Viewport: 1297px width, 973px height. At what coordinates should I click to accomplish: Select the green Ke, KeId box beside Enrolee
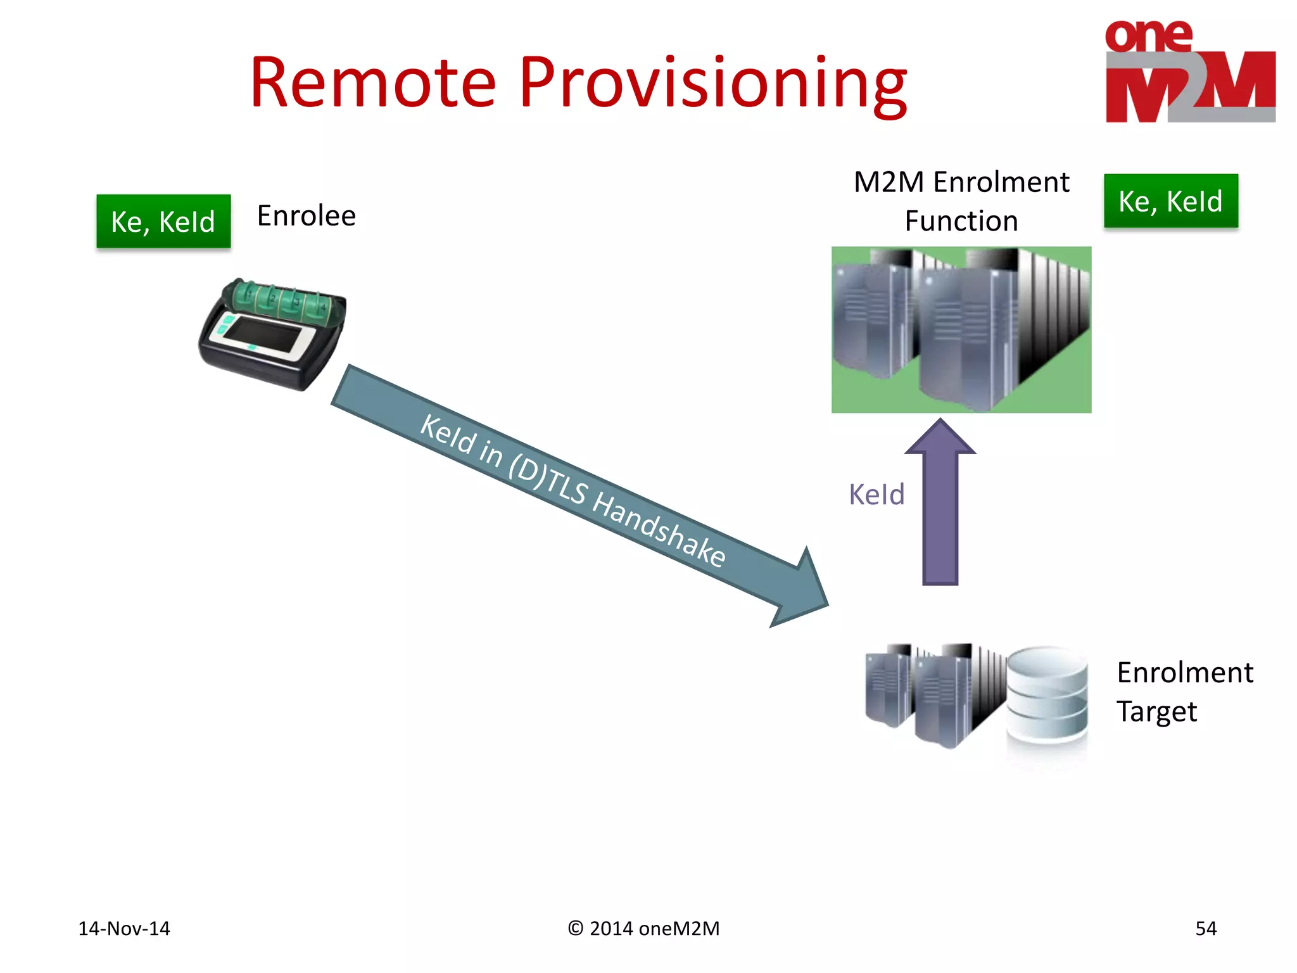point(163,221)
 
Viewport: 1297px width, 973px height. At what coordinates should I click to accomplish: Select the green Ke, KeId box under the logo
point(1170,201)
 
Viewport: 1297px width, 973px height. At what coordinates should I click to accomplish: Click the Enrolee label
point(307,216)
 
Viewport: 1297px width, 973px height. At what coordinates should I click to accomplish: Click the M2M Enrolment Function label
point(961,201)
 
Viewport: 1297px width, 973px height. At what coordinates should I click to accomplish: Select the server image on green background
point(961,329)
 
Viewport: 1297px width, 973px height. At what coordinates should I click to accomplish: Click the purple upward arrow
point(940,507)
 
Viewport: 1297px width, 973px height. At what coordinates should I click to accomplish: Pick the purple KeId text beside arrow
point(876,495)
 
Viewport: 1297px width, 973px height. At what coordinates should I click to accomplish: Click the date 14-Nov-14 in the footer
point(124,929)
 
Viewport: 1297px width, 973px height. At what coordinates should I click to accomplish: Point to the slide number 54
point(1205,929)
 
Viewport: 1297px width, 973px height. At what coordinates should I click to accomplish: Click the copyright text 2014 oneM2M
point(644,929)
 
